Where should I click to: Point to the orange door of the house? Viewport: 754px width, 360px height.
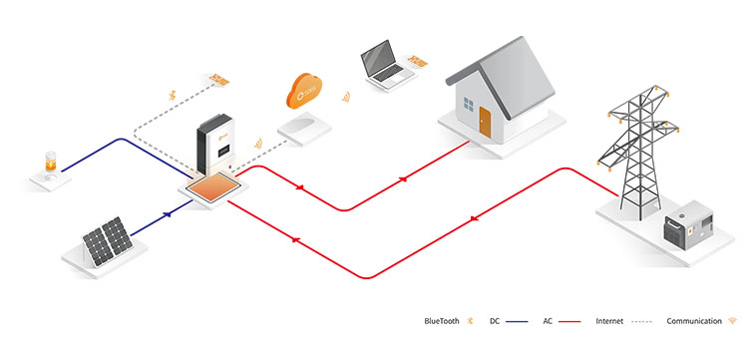pos(485,124)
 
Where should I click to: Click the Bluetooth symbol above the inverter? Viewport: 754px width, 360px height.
pos(171,97)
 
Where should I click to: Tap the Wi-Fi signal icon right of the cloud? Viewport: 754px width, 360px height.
pos(347,98)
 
